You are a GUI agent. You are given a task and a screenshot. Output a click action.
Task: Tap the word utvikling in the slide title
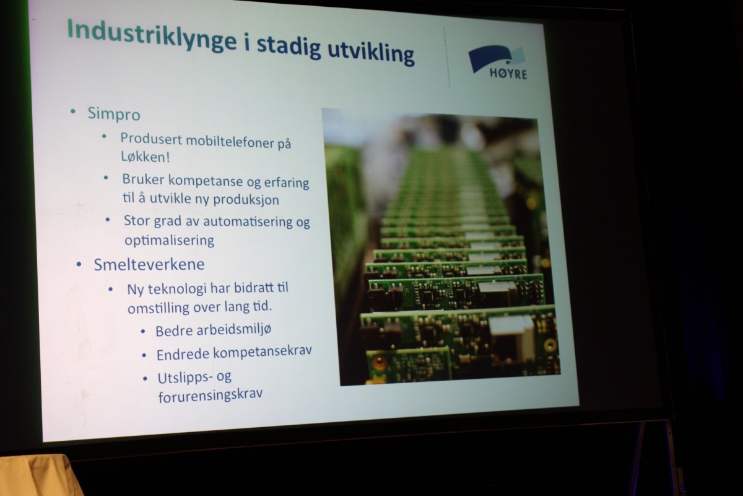click(x=371, y=53)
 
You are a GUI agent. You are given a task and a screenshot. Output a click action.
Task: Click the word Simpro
click(x=114, y=114)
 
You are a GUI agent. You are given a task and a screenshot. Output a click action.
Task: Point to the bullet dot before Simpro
click(x=73, y=112)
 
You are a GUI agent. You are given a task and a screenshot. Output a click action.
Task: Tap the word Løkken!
click(x=146, y=157)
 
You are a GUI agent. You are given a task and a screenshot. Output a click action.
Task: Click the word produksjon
click(x=246, y=200)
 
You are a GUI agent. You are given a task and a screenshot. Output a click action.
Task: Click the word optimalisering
click(x=170, y=240)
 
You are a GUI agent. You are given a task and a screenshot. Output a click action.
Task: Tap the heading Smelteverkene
click(x=149, y=265)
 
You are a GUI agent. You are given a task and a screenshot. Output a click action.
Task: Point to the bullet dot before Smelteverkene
click(x=79, y=265)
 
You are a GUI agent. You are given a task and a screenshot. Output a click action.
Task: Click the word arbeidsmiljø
click(x=234, y=330)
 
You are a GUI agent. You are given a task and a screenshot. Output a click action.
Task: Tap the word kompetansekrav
click(x=263, y=352)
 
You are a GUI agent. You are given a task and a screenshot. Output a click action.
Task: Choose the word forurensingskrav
click(x=211, y=395)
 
